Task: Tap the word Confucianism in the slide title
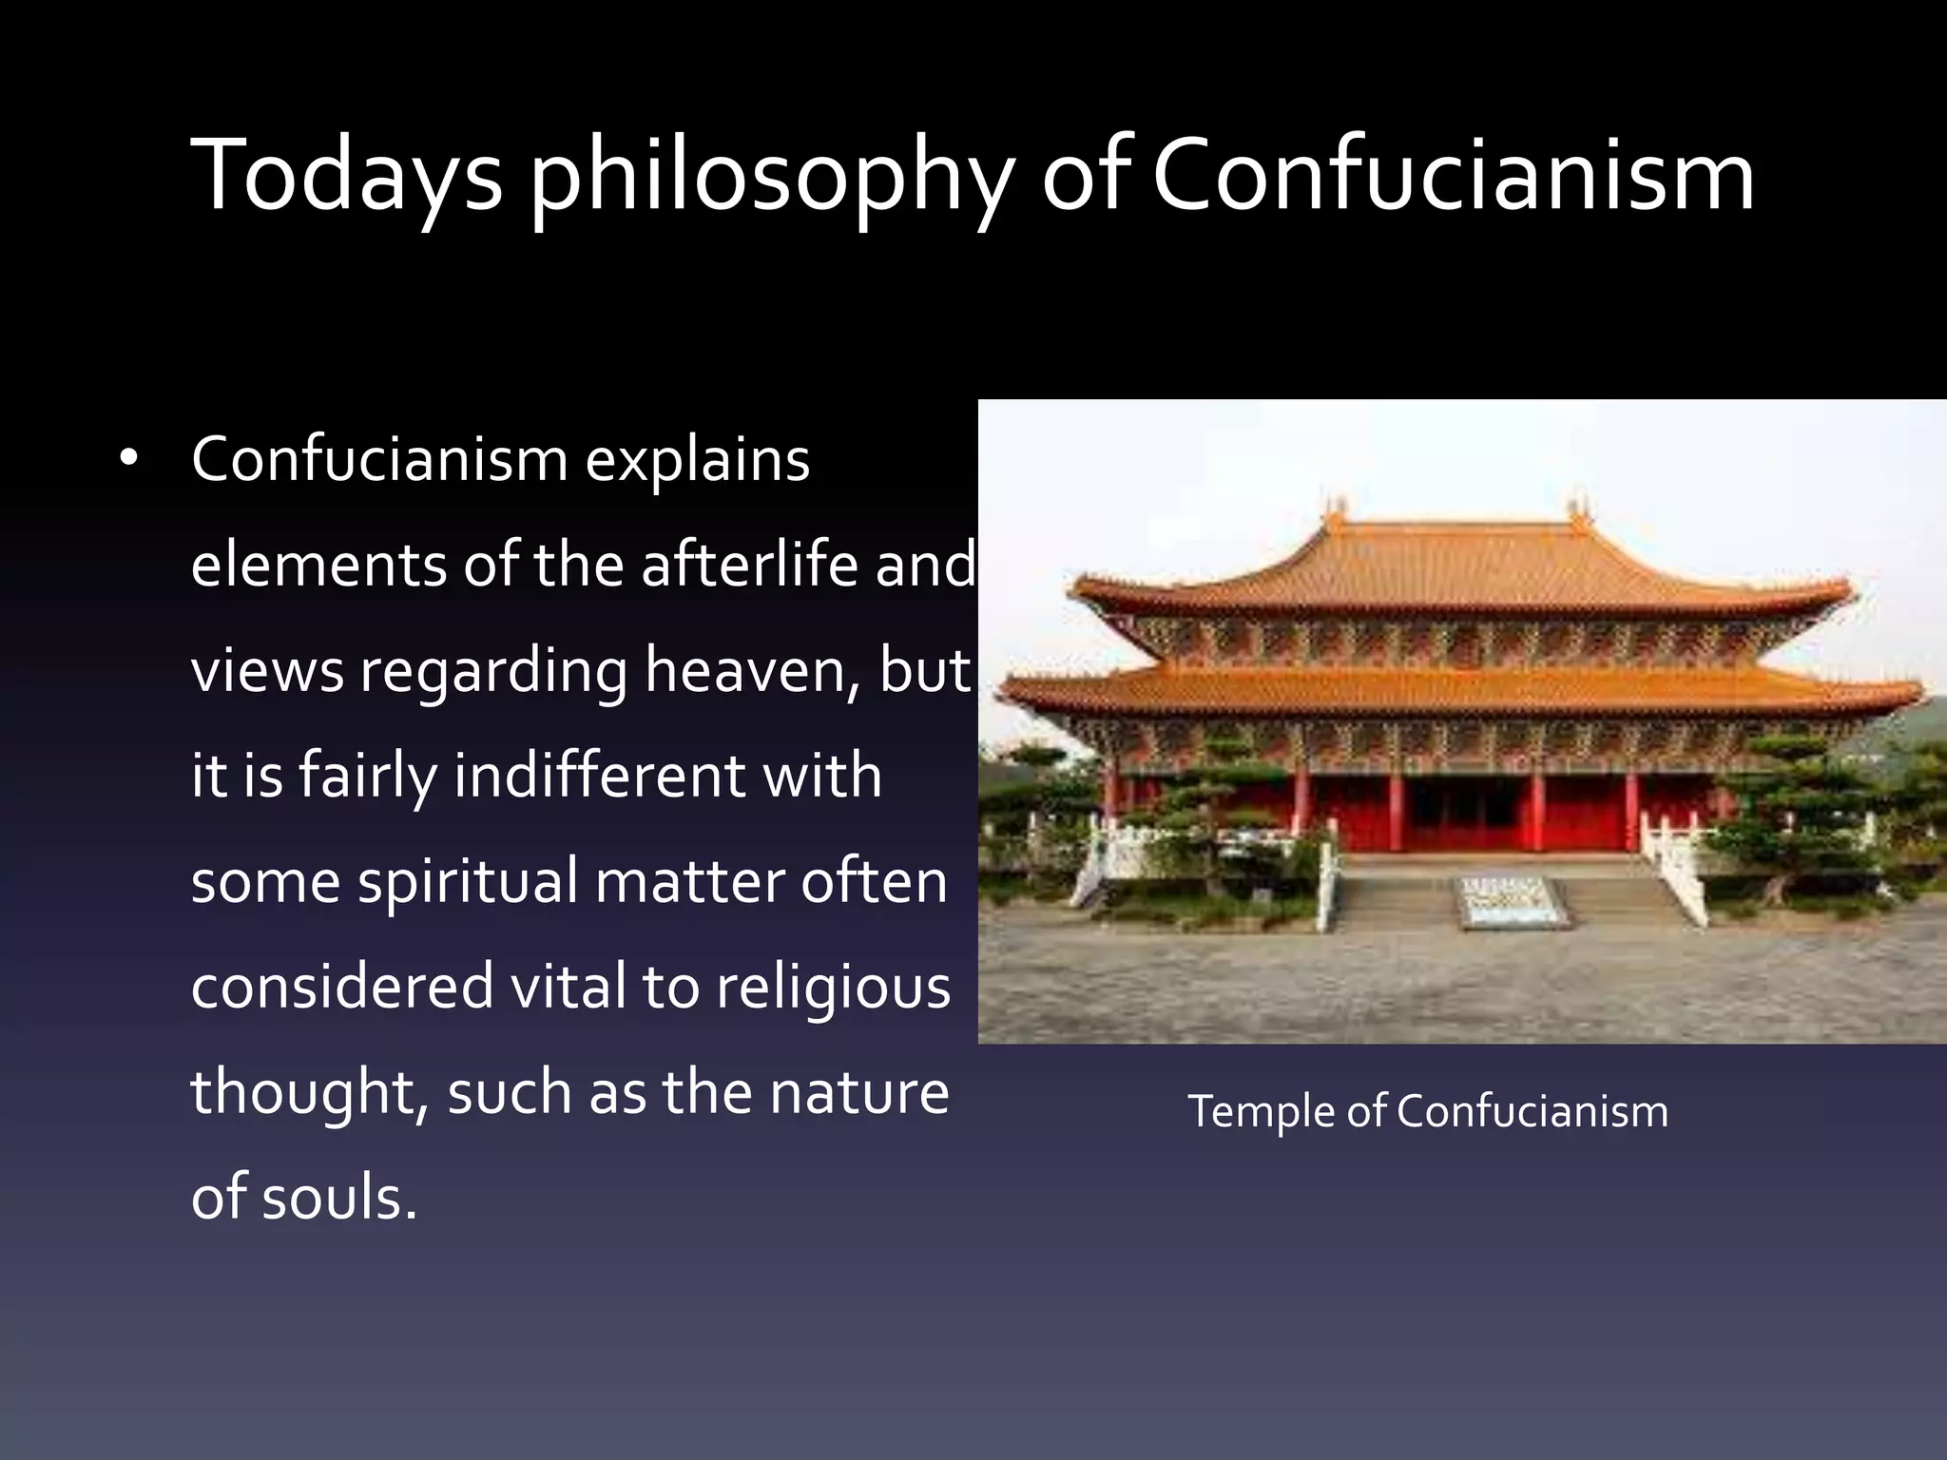coord(1453,175)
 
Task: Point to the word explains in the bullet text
coord(697,461)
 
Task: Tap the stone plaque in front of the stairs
coord(1511,900)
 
